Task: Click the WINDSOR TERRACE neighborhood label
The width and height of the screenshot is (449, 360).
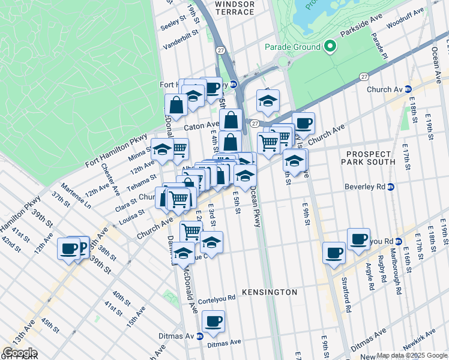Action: (234, 8)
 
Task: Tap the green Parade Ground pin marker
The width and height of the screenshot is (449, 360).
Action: (329, 46)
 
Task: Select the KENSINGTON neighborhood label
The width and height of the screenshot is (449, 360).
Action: (270, 292)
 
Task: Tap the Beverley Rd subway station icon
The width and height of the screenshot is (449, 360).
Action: (390, 187)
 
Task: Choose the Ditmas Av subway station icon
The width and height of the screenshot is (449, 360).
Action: (200, 336)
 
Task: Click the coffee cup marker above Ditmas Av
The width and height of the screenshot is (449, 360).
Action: (213, 322)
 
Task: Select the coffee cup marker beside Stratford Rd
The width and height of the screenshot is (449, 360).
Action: (334, 253)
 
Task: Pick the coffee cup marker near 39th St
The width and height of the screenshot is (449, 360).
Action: (69, 248)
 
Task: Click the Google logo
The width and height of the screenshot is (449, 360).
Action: (20, 353)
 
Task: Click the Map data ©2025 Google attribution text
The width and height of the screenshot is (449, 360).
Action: (412, 355)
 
